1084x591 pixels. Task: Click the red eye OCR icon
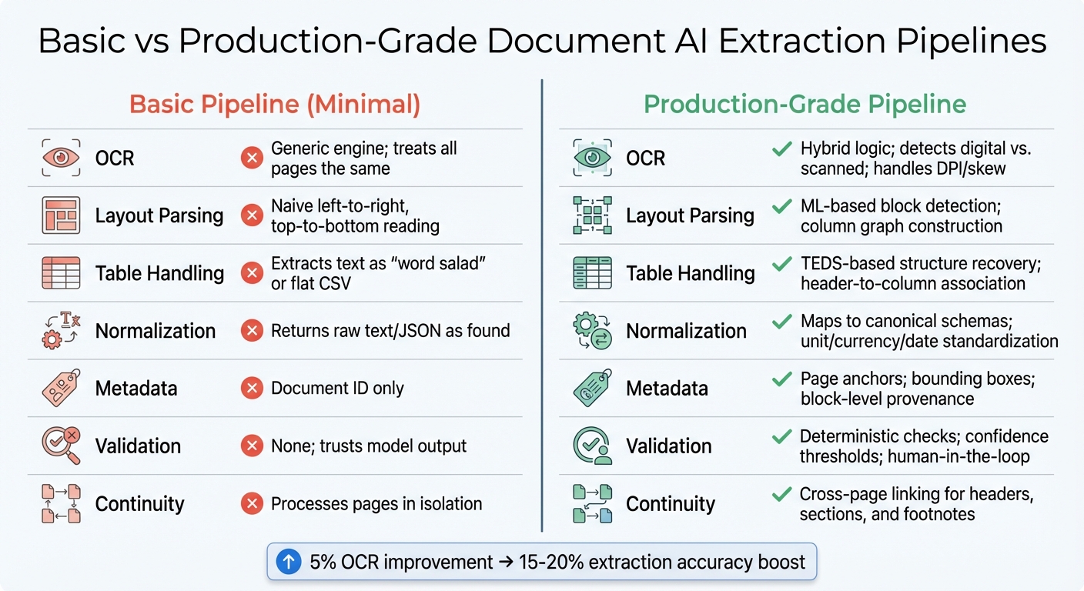coord(59,158)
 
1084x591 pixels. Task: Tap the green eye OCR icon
coord(592,158)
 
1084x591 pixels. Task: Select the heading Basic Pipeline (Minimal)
coord(275,104)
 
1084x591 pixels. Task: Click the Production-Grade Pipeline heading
coord(805,104)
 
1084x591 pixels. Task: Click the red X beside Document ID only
coord(251,389)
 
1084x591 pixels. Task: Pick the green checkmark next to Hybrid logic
coord(781,149)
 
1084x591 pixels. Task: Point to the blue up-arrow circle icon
coord(288,562)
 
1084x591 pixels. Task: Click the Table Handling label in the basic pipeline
coord(159,273)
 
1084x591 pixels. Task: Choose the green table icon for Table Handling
coord(592,273)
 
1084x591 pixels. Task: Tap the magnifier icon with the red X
coord(59,446)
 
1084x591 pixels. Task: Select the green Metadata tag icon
coord(592,389)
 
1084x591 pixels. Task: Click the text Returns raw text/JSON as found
coord(390,331)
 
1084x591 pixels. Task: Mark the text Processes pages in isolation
coord(376,504)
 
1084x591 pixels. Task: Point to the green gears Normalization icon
coord(592,331)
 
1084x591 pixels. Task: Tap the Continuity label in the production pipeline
coord(671,504)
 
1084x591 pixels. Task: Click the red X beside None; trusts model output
coord(251,446)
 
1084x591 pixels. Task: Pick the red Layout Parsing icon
coord(59,215)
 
